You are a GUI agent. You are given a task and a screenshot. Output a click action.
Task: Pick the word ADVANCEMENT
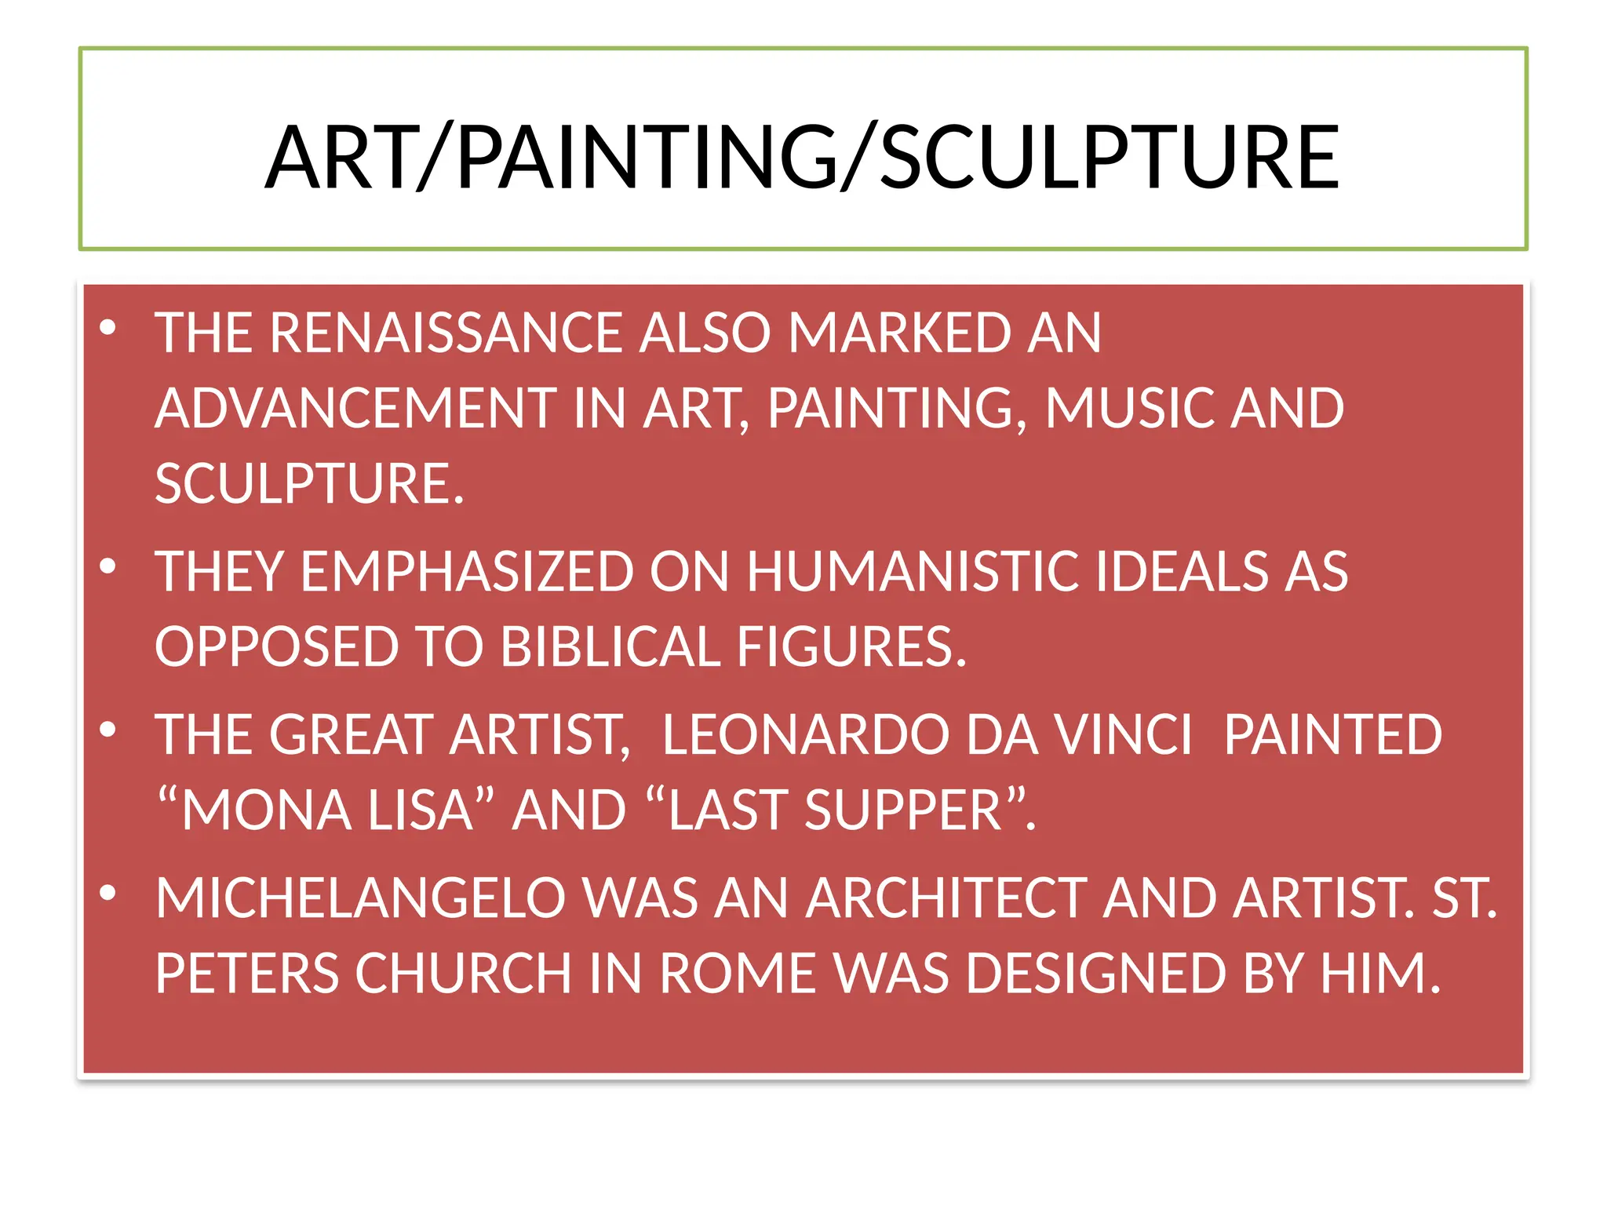click(355, 409)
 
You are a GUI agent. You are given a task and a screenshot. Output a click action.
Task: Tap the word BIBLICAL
click(610, 647)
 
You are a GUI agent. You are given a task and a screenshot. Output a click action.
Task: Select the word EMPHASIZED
click(468, 571)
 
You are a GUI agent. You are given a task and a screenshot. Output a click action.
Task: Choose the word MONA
click(267, 810)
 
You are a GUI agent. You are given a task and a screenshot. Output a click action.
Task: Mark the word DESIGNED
click(1096, 974)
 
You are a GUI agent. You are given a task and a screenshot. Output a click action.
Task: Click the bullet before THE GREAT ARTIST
click(108, 730)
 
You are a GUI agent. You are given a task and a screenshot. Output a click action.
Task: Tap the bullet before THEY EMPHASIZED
click(108, 566)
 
